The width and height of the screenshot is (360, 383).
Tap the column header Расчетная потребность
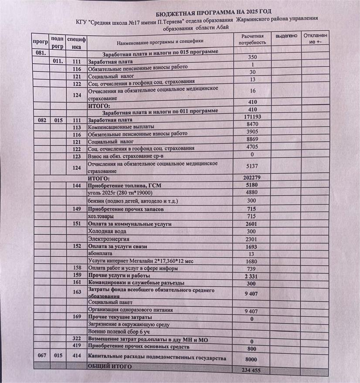252,39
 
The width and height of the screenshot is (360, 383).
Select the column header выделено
286,36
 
